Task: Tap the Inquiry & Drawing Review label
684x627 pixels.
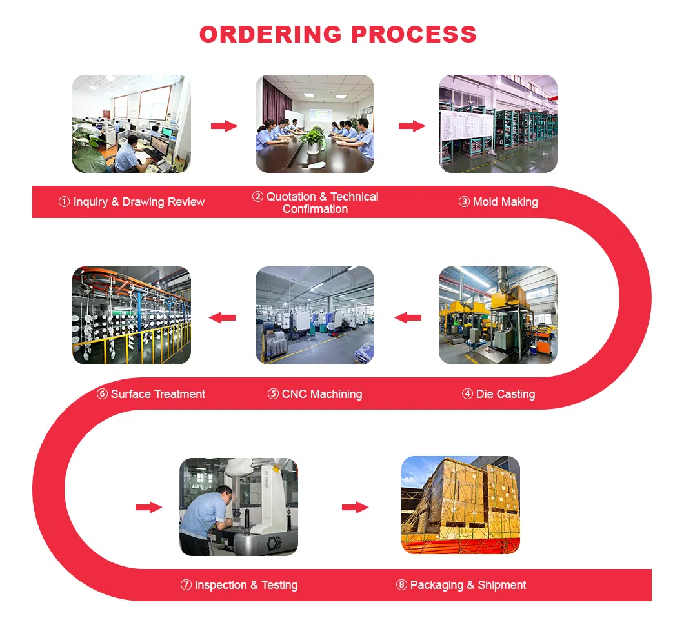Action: [x=132, y=202]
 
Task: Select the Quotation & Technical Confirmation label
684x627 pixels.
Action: [x=316, y=203]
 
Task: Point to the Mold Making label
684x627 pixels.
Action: [x=498, y=202]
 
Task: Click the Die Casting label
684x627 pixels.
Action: [x=499, y=394]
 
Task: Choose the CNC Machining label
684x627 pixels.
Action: [x=315, y=394]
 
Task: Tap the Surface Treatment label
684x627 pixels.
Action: [x=151, y=394]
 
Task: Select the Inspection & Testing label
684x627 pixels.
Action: [x=239, y=585]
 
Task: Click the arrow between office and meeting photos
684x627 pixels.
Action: [x=224, y=126]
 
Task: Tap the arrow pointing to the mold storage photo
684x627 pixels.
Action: [x=412, y=126]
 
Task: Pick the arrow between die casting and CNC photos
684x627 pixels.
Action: [x=408, y=317]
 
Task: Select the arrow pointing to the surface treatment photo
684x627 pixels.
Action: [x=223, y=317]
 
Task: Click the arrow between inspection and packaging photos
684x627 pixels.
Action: [x=355, y=508]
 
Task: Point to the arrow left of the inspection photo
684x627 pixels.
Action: [x=148, y=508]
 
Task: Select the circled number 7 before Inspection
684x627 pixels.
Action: [x=186, y=585]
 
